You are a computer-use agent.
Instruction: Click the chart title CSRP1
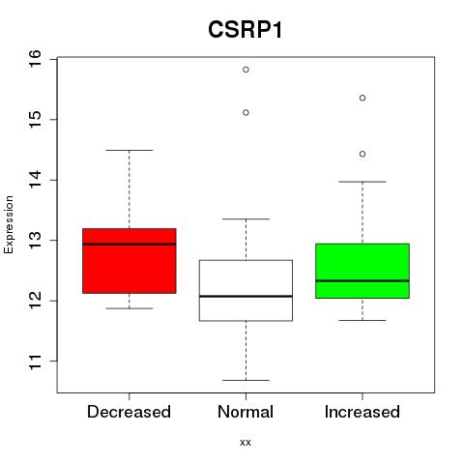[246, 30]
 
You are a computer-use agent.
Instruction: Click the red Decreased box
[130, 261]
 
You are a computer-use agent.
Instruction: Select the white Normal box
[246, 290]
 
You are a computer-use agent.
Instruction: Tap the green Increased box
[362, 271]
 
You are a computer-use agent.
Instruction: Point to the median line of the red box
[130, 244]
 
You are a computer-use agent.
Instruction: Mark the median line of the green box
[362, 281]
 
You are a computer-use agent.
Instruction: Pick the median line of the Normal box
[246, 296]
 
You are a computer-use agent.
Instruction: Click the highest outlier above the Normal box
[246, 70]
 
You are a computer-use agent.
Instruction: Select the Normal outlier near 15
[246, 112]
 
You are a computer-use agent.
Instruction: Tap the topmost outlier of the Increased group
[362, 98]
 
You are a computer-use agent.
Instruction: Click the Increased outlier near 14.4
[362, 154]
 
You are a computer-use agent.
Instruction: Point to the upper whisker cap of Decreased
[130, 150]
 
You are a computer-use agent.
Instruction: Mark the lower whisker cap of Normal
[246, 380]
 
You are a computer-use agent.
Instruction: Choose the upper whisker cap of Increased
[362, 182]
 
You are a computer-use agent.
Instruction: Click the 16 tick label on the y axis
[35, 59]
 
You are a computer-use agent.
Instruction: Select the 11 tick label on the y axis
[35, 362]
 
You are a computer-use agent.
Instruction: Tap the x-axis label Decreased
[129, 412]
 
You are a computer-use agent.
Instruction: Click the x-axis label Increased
[362, 412]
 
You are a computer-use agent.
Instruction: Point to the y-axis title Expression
[9, 224]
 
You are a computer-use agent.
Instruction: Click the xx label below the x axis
[246, 443]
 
